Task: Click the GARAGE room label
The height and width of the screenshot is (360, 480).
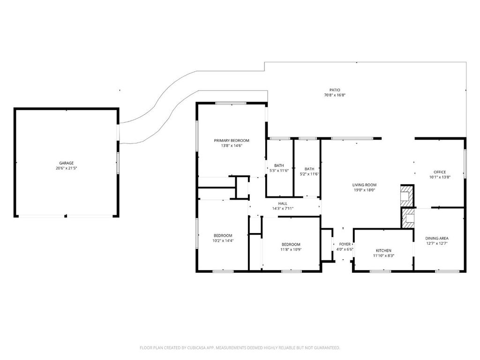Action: click(67, 163)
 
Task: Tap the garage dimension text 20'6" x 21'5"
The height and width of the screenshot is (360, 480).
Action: click(67, 168)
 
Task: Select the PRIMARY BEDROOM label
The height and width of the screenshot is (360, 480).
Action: click(232, 141)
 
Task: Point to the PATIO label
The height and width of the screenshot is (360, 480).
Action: click(335, 90)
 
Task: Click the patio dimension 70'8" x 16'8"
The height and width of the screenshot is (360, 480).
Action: click(335, 95)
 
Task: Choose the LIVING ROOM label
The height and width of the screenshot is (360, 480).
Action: click(364, 185)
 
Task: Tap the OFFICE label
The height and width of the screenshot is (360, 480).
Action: click(440, 172)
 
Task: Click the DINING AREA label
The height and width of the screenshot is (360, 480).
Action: click(437, 239)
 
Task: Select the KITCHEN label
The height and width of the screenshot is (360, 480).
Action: click(383, 250)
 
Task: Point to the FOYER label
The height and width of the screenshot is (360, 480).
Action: click(345, 244)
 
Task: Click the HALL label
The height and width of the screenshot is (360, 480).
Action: click(283, 203)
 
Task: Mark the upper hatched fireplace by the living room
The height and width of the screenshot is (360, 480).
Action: click(407, 196)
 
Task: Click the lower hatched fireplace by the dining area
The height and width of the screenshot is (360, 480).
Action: click(408, 218)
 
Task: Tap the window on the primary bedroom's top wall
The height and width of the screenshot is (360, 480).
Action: click(231, 103)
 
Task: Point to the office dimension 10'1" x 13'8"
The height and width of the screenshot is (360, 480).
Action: click(440, 177)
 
